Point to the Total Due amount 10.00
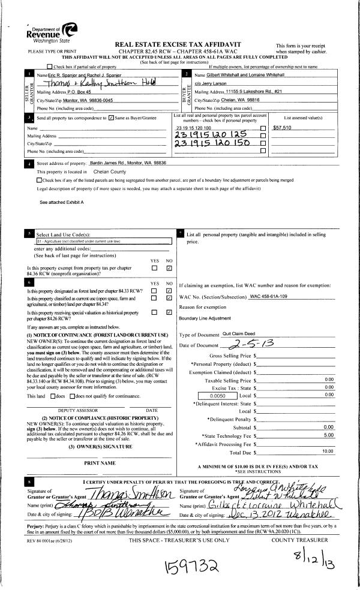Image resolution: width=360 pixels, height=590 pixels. click(327, 450)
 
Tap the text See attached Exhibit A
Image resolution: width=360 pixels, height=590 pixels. click(62, 203)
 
